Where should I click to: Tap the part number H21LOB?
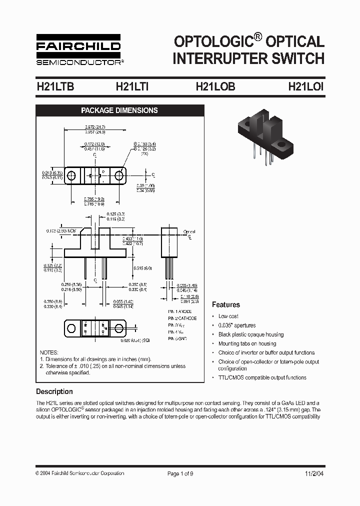[x=215, y=86]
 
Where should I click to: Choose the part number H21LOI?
[x=306, y=86]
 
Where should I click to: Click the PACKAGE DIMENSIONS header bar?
[x=119, y=110]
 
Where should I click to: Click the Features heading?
[x=225, y=304]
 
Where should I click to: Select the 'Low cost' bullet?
[x=228, y=316]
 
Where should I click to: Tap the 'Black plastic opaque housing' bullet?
[x=250, y=334]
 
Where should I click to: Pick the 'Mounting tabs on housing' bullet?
[x=247, y=343]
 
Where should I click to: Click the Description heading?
[x=54, y=391]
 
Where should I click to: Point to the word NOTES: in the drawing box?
[x=49, y=352]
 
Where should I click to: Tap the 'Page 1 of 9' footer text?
[x=180, y=473]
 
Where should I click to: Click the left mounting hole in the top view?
[x=72, y=175]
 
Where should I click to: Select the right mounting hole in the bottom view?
[x=119, y=328]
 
